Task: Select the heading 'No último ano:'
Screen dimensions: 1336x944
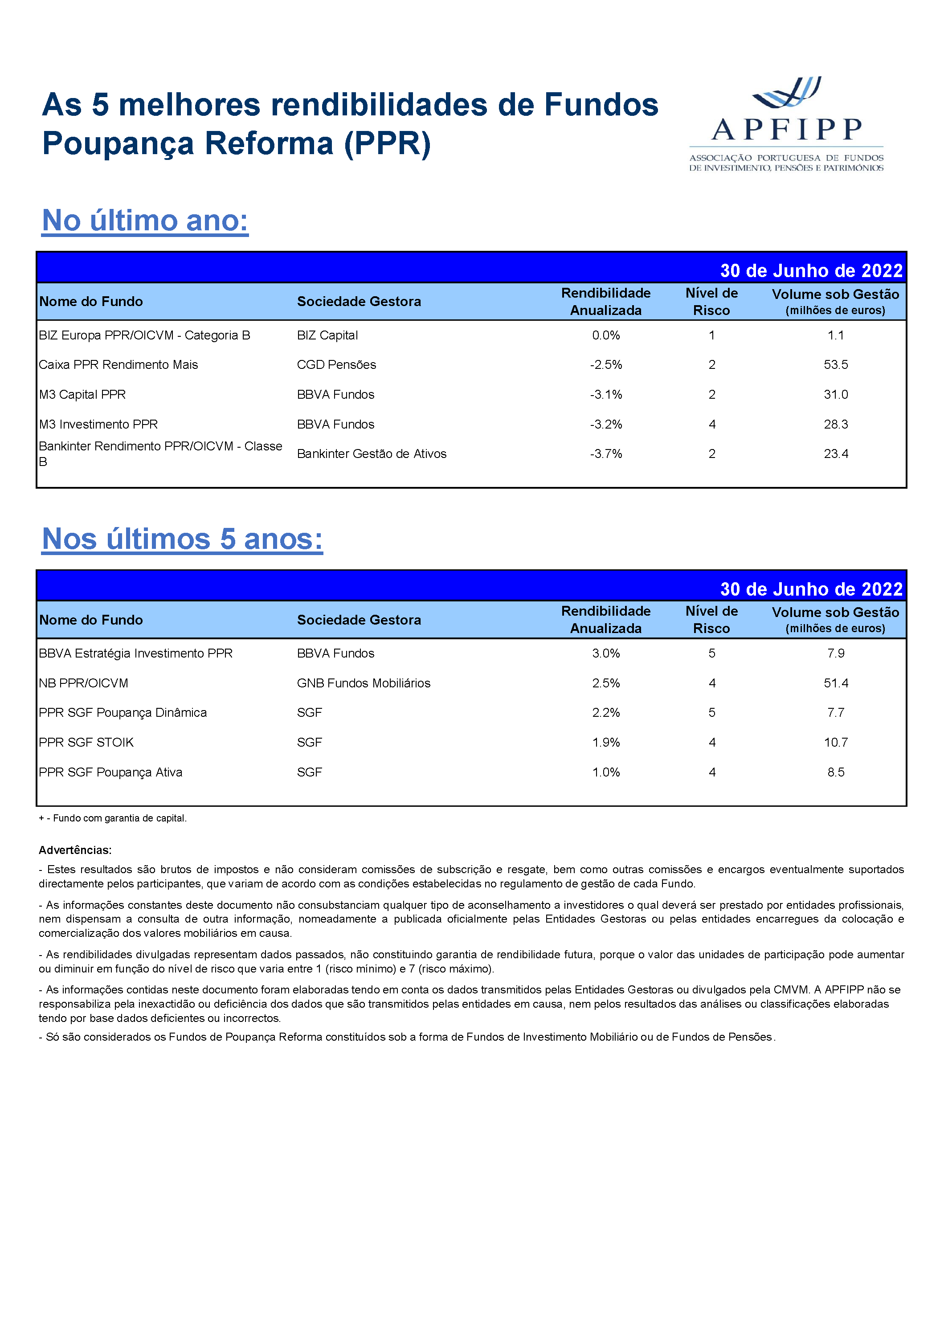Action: (x=145, y=221)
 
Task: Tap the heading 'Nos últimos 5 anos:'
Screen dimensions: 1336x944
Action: (x=182, y=539)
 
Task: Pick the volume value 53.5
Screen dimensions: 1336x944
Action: (x=836, y=365)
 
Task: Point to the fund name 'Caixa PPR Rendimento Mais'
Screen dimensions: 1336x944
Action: (x=118, y=365)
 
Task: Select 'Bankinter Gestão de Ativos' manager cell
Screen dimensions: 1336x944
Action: (x=371, y=454)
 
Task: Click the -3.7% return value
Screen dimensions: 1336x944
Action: (x=606, y=454)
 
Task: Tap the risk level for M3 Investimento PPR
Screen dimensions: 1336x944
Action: (x=712, y=424)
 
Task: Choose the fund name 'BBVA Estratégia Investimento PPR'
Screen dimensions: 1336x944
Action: (x=135, y=654)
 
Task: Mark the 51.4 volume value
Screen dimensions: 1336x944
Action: (x=836, y=683)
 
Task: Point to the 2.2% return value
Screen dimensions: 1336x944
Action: (x=606, y=713)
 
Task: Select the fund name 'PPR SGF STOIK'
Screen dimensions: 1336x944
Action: (x=86, y=743)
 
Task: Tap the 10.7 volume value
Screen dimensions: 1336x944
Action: (x=836, y=743)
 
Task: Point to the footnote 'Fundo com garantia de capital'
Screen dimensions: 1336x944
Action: (x=119, y=818)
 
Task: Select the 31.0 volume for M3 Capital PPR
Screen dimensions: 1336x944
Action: (x=836, y=395)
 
